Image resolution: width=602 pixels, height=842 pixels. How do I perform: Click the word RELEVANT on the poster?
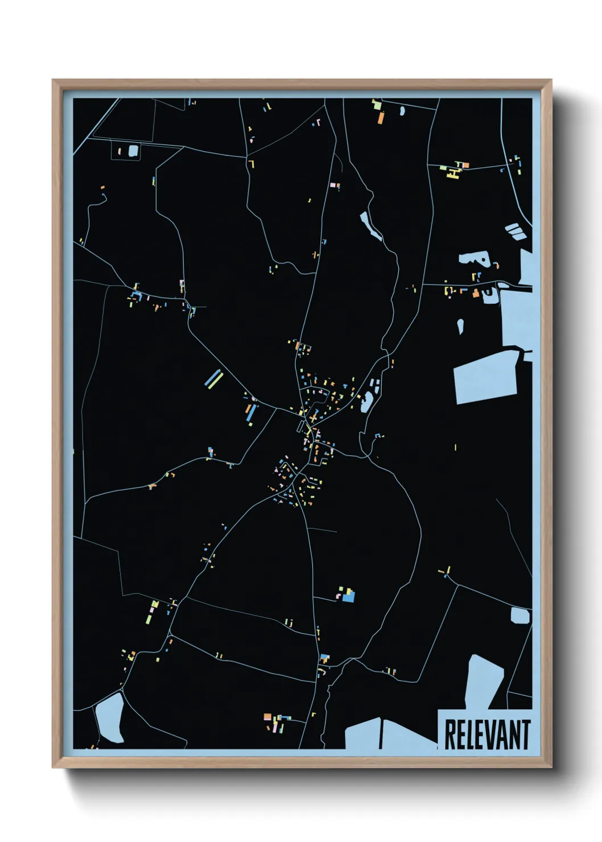point(486,734)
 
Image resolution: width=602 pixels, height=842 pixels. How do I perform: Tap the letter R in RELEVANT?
point(450,734)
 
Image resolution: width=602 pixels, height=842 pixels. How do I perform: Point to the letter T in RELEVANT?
point(525,734)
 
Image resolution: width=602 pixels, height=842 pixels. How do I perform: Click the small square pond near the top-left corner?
point(133,151)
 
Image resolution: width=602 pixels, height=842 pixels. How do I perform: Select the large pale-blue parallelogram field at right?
point(485,377)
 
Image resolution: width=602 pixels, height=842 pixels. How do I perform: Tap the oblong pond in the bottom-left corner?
point(110,718)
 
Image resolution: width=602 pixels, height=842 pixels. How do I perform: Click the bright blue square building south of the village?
point(348,596)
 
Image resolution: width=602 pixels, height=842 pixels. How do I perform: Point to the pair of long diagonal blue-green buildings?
point(213,378)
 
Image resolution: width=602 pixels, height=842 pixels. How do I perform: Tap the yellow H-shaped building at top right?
point(453,171)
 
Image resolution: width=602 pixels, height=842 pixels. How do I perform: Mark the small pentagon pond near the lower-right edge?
point(519,616)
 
